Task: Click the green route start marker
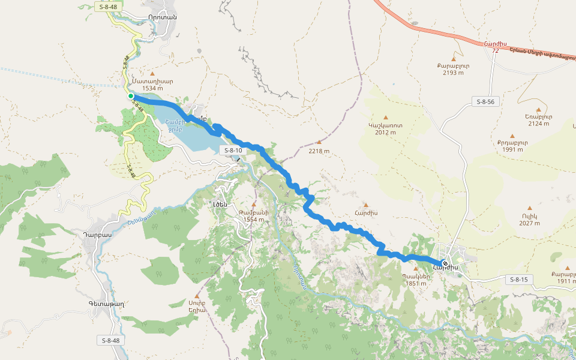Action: (x=130, y=96)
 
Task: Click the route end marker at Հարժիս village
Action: (x=445, y=263)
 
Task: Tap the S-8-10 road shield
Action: (x=231, y=150)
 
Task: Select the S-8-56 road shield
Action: (x=484, y=101)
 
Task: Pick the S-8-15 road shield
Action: (x=518, y=280)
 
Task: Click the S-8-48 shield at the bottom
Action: (x=110, y=340)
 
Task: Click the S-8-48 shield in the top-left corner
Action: (x=109, y=6)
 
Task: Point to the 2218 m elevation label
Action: (x=319, y=151)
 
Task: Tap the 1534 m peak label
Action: (x=153, y=88)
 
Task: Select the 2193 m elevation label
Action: (x=453, y=73)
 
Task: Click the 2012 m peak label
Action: (x=385, y=132)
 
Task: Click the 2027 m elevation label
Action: (x=529, y=223)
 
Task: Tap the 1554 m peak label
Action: (x=254, y=220)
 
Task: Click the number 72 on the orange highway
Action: (x=495, y=51)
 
